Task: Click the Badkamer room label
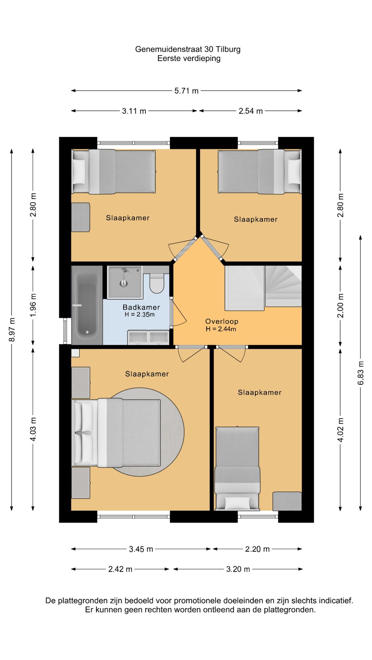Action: pos(141,307)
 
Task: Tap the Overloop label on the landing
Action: pos(222,321)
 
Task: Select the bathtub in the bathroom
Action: pos(87,305)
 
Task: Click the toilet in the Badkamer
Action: pos(157,283)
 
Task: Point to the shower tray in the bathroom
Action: pos(125,282)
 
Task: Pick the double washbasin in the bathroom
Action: pos(148,337)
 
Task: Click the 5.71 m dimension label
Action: pos(186,91)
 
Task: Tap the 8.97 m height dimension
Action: pos(12,330)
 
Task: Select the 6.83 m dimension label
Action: pos(361,373)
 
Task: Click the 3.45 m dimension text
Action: pos(141,549)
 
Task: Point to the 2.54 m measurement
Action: pos(251,111)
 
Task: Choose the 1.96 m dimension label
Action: pos(33,305)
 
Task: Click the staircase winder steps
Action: pos(283,286)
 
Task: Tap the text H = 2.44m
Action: pos(221,329)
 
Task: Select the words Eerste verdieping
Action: pos(189,58)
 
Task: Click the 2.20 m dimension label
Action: pos(257,549)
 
